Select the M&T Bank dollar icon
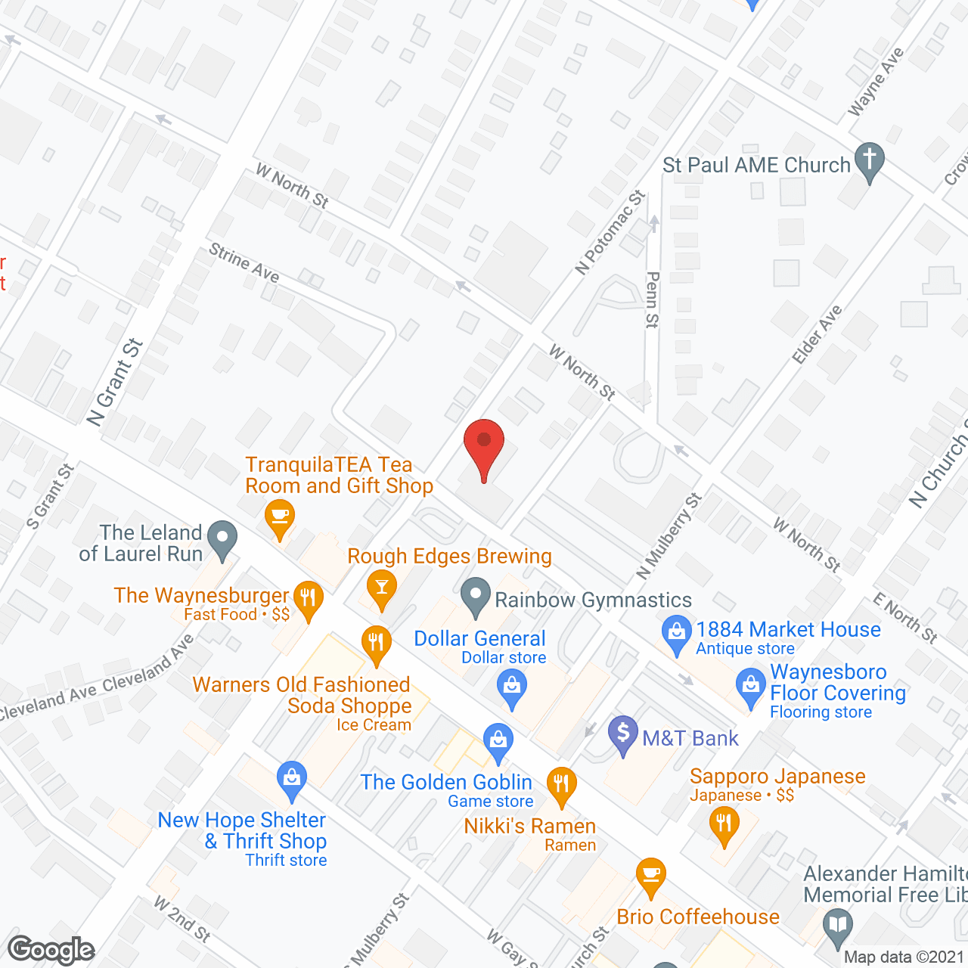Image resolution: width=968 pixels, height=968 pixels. pyautogui.click(x=623, y=734)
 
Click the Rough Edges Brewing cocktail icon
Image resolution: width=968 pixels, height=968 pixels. pyautogui.click(x=381, y=588)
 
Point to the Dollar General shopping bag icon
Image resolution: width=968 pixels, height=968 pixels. pyautogui.click(x=512, y=689)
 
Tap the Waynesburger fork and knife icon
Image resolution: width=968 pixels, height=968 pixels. pyautogui.click(x=308, y=598)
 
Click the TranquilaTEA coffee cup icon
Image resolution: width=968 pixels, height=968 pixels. pyautogui.click(x=280, y=517)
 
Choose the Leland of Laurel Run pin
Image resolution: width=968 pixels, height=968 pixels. pyautogui.click(x=222, y=539)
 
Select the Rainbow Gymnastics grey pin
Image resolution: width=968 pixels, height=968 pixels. pyautogui.click(x=476, y=596)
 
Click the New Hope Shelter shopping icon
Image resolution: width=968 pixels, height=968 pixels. pyautogui.click(x=292, y=779)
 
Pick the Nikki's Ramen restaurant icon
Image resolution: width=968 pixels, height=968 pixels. pyautogui.click(x=561, y=785)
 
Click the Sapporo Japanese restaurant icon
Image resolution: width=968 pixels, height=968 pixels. pyautogui.click(x=724, y=824)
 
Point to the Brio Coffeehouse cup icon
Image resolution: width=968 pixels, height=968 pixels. pyautogui.click(x=650, y=876)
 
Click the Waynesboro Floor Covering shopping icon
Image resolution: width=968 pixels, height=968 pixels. pyautogui.click(x=751, y=687)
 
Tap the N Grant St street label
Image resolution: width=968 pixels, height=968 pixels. pyautogui.click(x=115, y=382)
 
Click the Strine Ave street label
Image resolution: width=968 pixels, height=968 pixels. pyautogui.click(x=244, y=263)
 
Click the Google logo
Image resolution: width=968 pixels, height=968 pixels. pyautogui.click(x=51, y=950)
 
